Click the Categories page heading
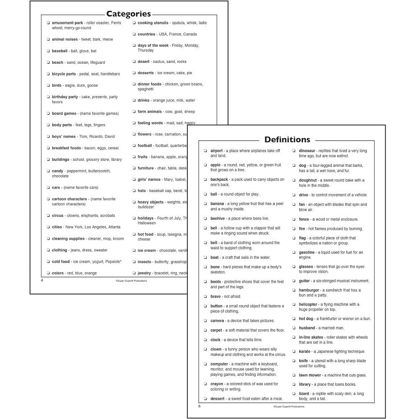[128, 14]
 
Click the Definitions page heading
[287, 140]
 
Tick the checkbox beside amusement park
[48, 23]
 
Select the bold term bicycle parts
[64, 74]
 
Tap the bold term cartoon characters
[69, 199]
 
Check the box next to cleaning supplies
[48, 239]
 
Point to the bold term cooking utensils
[153, 23]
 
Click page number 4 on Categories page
[42, 280]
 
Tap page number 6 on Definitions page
[199, 406]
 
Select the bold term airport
[216, 151]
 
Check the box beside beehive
[205, 219]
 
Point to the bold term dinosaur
[307, 151]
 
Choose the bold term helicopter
[308, 305]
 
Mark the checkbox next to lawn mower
[294, 375]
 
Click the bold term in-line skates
[311, 337]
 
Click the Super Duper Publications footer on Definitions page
[289, 406]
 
